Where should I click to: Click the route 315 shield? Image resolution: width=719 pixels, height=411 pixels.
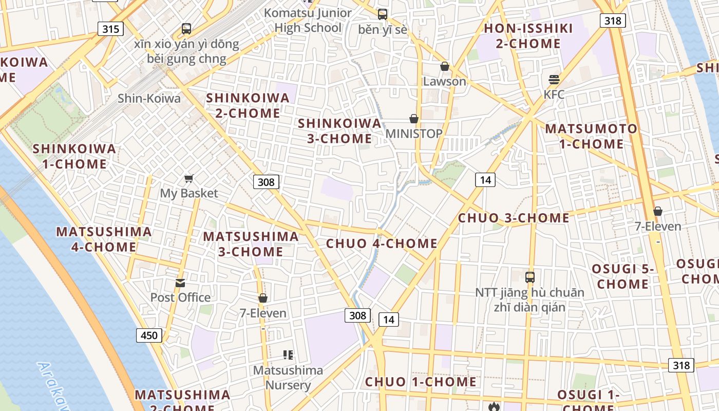pos(110,29)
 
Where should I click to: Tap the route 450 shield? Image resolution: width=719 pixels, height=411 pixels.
pos(149,335)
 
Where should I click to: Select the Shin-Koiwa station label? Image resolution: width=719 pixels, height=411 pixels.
pos(149,98)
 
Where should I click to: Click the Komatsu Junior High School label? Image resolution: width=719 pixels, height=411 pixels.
pos(308,20)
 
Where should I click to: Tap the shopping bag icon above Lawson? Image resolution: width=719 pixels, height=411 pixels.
pos(445,67)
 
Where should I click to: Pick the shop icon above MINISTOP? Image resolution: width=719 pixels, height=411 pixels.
pos(414,119)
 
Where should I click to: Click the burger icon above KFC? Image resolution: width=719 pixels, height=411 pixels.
pos(554,80)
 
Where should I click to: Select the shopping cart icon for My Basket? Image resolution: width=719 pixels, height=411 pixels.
pos(189,179)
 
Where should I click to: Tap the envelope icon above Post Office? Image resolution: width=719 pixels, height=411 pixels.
pos(180,283)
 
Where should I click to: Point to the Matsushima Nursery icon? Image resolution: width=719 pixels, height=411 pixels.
pos(288,354)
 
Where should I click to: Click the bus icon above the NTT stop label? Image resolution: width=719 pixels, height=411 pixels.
pos(529,277)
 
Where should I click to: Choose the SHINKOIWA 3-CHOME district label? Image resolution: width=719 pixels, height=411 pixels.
pos(340,131)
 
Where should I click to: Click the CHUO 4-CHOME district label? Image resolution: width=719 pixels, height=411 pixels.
pos(382,244)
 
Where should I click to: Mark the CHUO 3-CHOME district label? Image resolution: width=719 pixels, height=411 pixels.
pos(514,218)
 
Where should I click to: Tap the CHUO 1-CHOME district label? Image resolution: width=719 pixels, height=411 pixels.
pos(421,382)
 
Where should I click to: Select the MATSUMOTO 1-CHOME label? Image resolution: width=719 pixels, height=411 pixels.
pos(591,136)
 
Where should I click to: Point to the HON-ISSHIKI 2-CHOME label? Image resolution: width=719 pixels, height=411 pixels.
pos(528,36)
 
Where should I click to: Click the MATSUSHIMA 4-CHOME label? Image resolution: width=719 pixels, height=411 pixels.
pos(104,239)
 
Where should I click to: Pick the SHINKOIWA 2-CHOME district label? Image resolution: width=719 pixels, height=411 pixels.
pos(248,105)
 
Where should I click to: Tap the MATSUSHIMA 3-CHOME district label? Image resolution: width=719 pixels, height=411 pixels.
pos(251,244)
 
